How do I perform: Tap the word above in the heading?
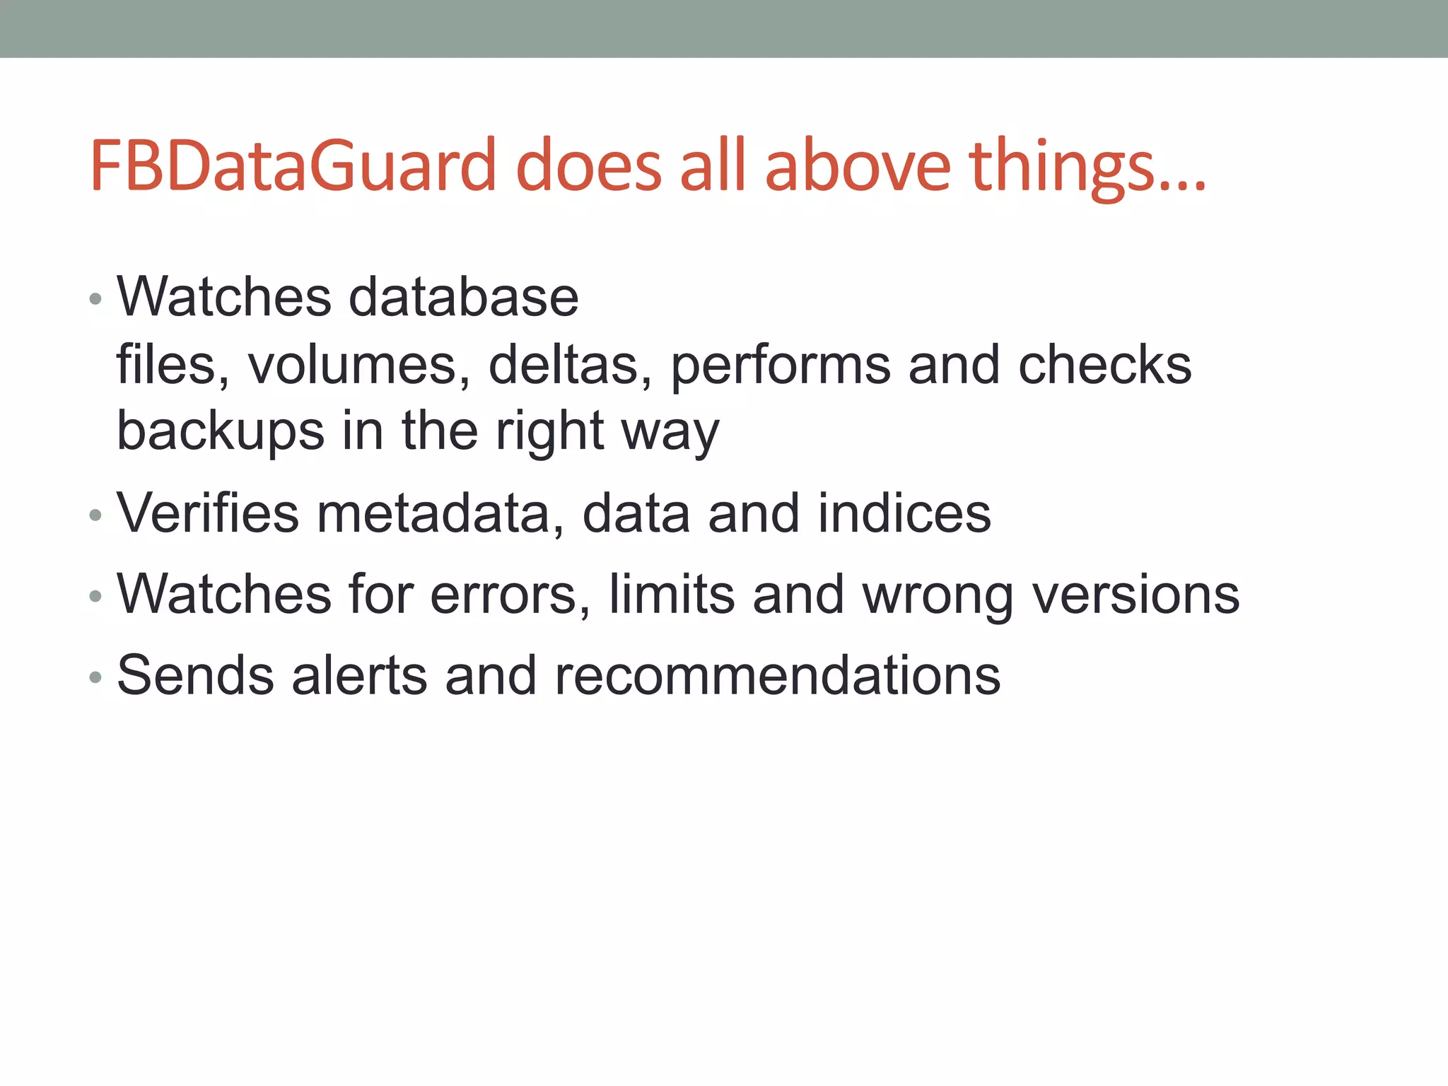tap(858, 165)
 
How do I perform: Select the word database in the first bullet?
tap(464, 298)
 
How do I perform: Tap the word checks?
tap(1105, 366)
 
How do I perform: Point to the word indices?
tap(904, 514)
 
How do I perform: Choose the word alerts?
tap(359, 676)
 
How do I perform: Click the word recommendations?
tap(777, 676)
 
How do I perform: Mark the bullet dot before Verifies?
tap(96, 516)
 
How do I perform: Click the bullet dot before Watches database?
tap(96, 300)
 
